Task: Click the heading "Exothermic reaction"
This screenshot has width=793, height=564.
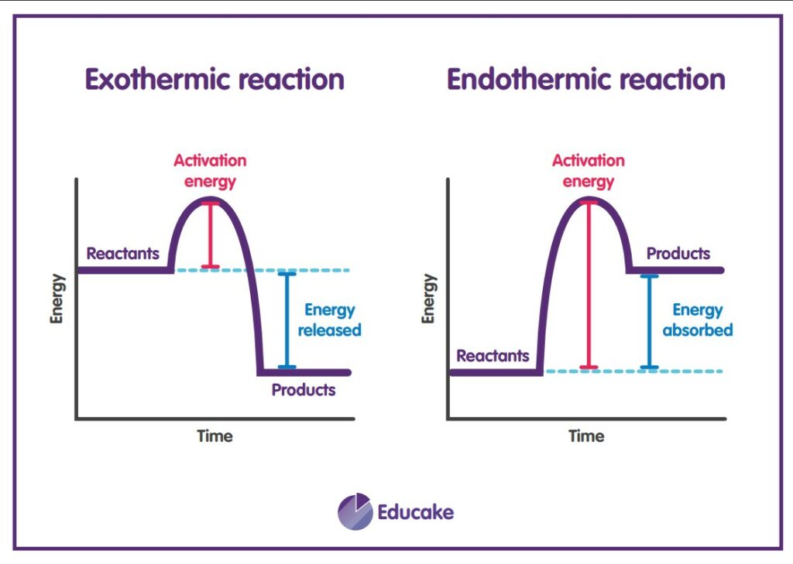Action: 215,80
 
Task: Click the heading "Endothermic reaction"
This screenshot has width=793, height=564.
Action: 585,80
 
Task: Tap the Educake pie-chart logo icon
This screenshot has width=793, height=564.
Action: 355,511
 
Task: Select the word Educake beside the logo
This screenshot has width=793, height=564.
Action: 415,512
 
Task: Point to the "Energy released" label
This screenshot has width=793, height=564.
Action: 332,320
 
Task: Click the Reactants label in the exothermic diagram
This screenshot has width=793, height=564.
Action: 123,253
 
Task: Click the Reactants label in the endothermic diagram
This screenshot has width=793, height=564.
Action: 493,356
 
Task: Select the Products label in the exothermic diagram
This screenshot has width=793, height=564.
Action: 304,390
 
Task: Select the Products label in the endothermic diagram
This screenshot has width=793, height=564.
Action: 678,253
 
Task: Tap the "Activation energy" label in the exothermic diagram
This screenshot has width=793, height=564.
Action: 210,171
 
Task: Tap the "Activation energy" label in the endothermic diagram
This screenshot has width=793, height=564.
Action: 588,171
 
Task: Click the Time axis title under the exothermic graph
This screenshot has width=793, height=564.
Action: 215,436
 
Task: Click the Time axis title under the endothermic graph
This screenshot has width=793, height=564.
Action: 586,436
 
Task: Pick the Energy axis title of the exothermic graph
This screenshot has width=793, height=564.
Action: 57,299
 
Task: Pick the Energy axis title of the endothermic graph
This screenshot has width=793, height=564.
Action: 429,299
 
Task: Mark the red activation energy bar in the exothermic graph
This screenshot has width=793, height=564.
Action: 210,235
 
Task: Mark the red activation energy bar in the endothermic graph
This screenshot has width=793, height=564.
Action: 589,284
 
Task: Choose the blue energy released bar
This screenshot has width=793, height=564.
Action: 287,320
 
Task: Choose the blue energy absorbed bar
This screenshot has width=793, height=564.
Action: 649,321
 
